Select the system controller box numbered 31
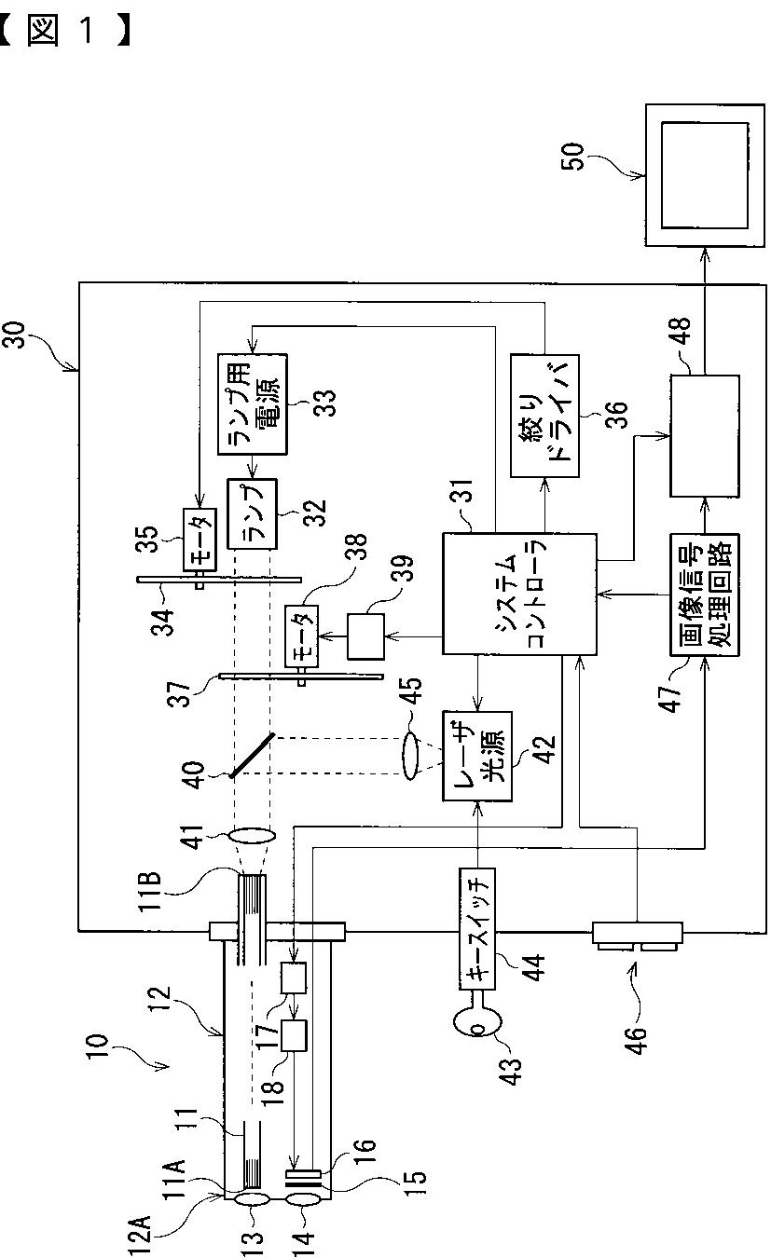[x=518, y=594]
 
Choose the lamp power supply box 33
[x=253, y=403]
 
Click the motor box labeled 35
[x=197, y=540]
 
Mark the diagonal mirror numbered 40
[x=253, y=754]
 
